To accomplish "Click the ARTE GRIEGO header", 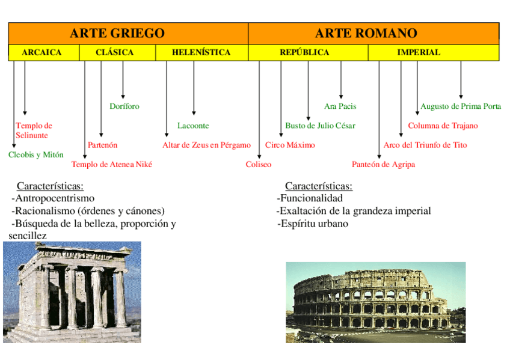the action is [117, 33].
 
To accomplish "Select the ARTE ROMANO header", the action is [366, 33].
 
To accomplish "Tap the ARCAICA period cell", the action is [41, 53].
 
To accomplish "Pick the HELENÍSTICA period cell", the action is [201, 53].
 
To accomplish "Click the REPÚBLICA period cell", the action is [304, 53].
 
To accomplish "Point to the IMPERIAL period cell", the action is [418, 53].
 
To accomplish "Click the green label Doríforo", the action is [124, 106].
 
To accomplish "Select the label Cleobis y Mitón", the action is [36, 155].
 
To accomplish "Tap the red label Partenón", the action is [103, 145].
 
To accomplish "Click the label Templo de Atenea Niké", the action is [112, 165].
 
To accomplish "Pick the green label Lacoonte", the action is [193, 126].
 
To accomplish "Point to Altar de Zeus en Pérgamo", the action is [206, 145].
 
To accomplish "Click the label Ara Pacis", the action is [340, 106].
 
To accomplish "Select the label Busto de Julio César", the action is [320, 126].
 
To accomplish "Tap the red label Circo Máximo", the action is [290, 145].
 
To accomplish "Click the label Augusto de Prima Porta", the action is [461, 106].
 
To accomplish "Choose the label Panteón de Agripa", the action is [383, 165].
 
